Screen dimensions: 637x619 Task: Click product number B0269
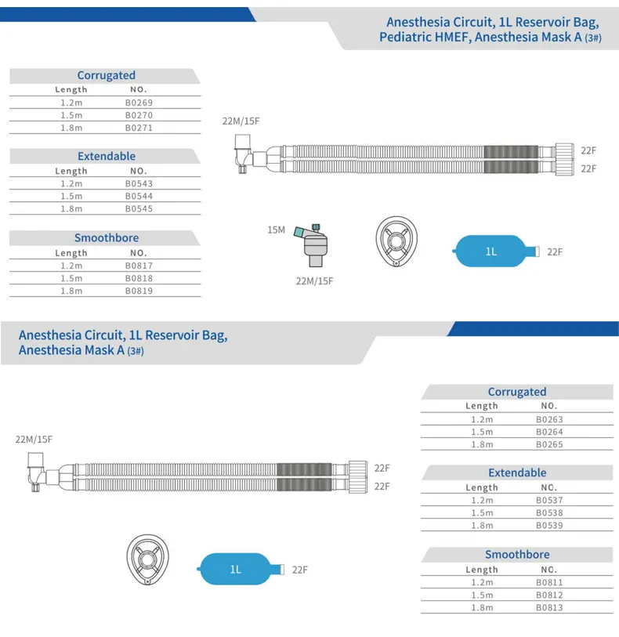(x=139, y=103)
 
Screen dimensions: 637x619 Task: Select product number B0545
(x=139, y=209)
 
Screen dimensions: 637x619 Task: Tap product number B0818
(x=139, y=278)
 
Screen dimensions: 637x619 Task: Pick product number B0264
(x=549, y=432)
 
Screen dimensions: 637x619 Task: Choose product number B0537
(x=549, y=500)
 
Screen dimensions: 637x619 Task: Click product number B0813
(x=549, y=607)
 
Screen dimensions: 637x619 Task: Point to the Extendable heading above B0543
(x=107, y=157)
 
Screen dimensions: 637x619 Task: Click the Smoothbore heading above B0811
(x=517, y=555)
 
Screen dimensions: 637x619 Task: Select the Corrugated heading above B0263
(x=517, y=392)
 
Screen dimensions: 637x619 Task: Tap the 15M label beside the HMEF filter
(x=276, y=230)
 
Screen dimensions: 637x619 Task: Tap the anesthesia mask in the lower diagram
(x=148, y=559)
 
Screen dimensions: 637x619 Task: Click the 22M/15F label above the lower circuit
(x=34, y=440)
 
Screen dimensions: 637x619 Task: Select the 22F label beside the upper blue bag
(x=555, y=252)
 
